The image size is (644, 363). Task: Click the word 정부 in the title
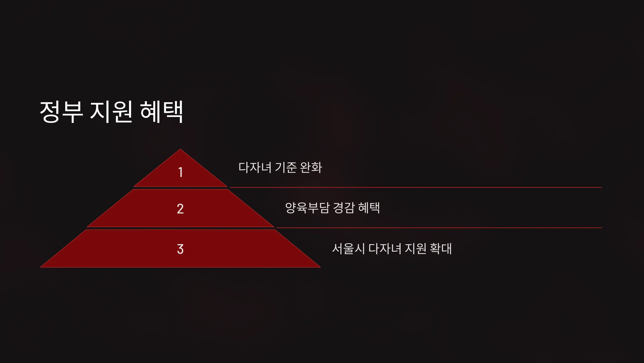coord(61,112)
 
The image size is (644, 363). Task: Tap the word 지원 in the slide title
coord(111,112)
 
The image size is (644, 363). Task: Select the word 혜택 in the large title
coord(162,112)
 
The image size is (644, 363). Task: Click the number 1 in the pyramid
coord(181,172)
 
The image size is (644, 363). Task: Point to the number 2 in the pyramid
coord(180,209)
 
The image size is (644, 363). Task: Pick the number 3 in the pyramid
coord(180,249)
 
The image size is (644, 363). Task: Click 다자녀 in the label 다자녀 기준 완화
coord(255,168)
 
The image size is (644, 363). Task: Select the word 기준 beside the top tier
coord(286,168)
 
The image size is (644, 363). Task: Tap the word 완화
coord(311,168)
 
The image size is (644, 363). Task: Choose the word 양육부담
coord(307,208)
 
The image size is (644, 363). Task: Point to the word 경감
coord(344,208)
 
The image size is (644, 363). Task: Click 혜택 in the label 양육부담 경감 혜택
coord(369,208)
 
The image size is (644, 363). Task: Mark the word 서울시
coord(349,249)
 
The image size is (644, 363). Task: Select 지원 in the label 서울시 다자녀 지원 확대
coord(416,249)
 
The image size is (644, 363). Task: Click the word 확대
coord(441,249)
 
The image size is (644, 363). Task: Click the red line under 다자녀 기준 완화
coord(416,187)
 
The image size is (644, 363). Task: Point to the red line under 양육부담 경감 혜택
coord(439,228)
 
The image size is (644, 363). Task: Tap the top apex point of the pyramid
coord(180,149)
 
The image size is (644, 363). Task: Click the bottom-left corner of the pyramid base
coord(40,267)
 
